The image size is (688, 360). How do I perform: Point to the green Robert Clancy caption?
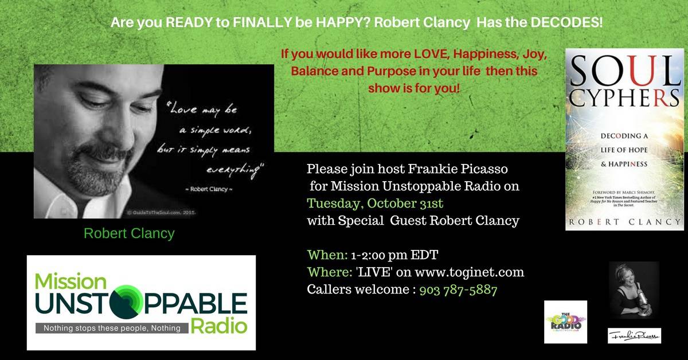(x=129, y=234)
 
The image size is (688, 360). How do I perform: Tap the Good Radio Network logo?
(x=565, y=322)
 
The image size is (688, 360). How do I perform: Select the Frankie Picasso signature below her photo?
(x=634, y=336)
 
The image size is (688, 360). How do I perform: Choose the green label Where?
(x=327, y=272)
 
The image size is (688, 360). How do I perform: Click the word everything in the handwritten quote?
(x=232, y=170)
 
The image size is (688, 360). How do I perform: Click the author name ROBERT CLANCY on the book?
(x=624, y=221)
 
